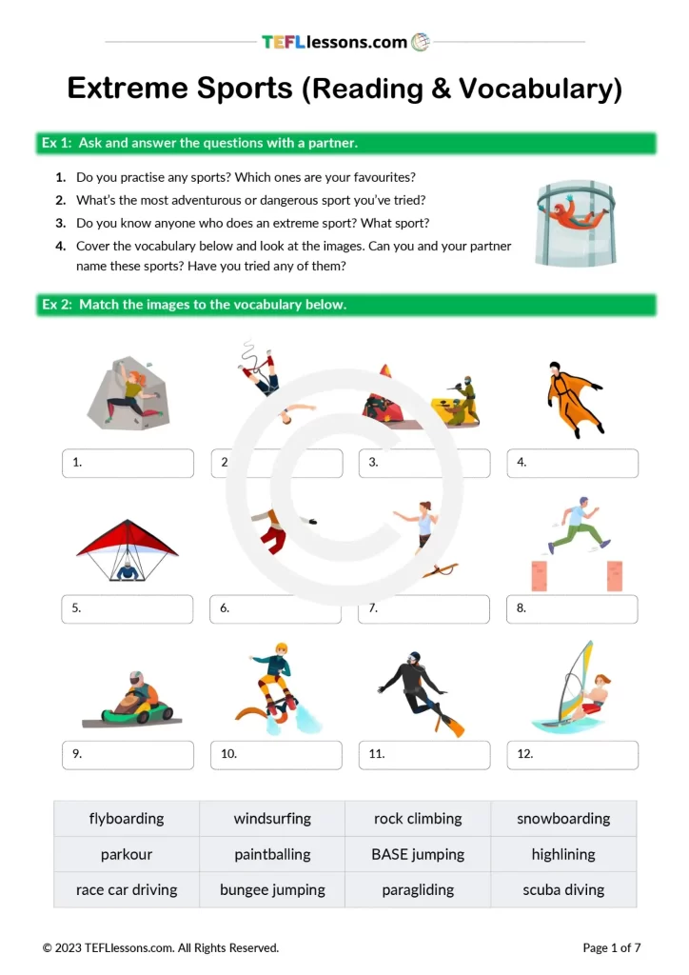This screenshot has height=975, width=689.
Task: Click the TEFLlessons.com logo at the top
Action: click(x=345, y=42)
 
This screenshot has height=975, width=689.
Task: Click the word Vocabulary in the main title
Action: click(x=540, y=89)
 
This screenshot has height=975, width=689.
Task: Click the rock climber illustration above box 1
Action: click(x=128, y=392)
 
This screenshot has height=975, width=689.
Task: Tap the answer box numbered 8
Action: click(x=572, y=608)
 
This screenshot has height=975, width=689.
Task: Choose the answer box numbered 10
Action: click(x=276, y=754)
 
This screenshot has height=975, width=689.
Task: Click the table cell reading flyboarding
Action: click(x=127, y=819)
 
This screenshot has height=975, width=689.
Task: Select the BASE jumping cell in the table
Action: click(x=418, y=854)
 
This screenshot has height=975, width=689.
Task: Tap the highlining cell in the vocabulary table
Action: click(x=563, y=854)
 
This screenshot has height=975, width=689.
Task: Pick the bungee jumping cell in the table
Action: click(x=272, y=890)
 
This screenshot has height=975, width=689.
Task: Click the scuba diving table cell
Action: click(x=563, y=890)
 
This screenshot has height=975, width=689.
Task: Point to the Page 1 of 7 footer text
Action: click(x=612, y=947)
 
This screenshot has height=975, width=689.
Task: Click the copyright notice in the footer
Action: click(x=161, y=947)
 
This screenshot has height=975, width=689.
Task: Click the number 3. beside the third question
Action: click(x=60, y=223)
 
